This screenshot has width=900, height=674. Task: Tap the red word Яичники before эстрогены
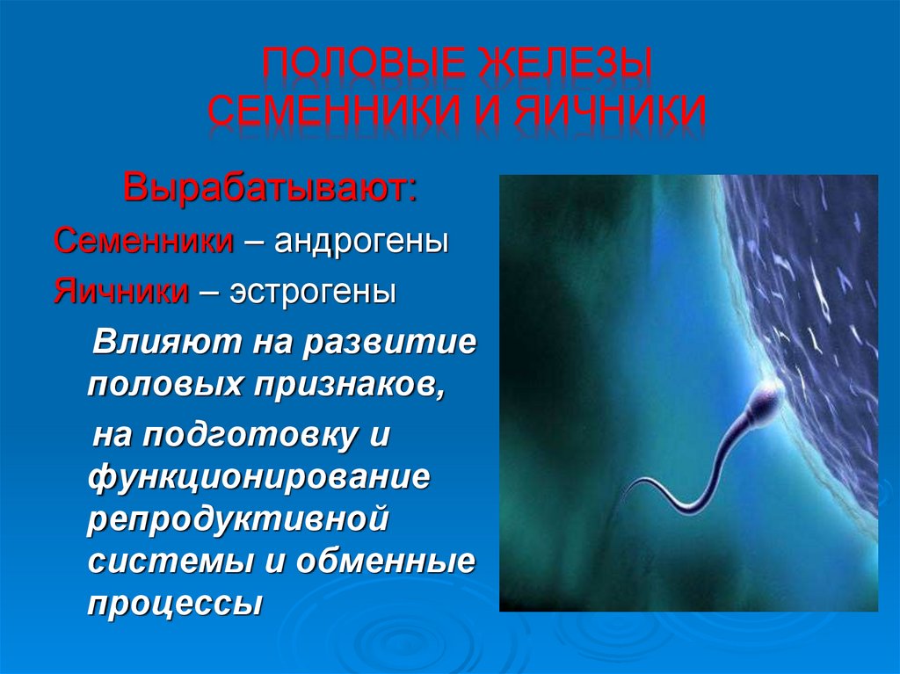click(121, 291)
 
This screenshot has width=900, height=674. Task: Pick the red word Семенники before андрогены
click(143, 241)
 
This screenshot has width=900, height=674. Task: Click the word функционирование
click(258, 477)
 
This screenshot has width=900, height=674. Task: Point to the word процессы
click(175, 605)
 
